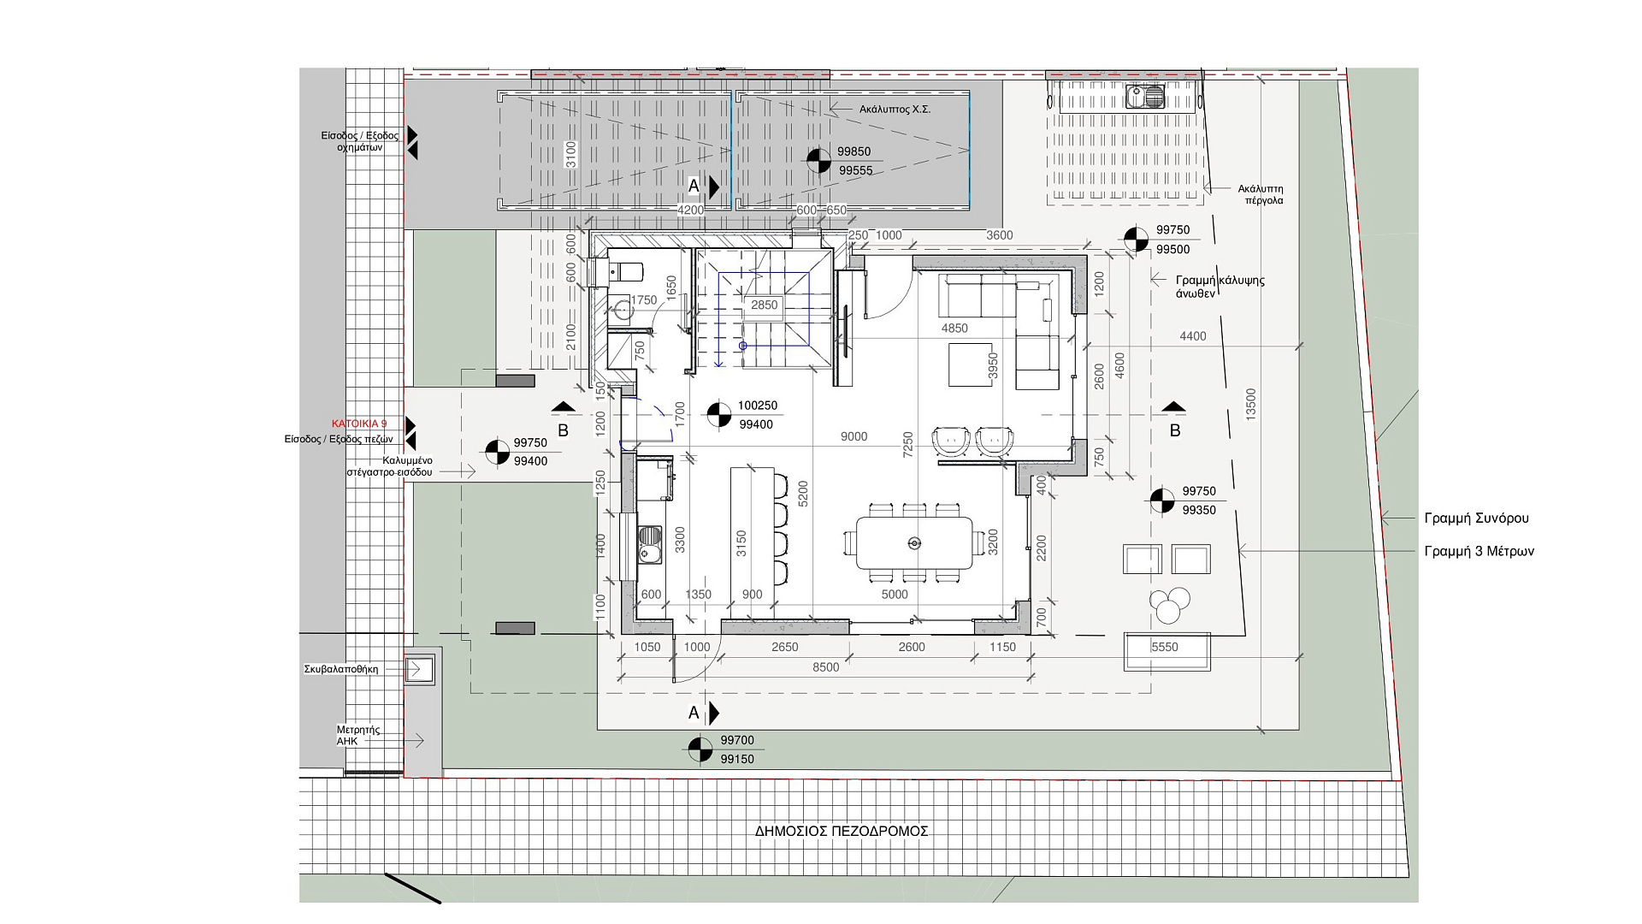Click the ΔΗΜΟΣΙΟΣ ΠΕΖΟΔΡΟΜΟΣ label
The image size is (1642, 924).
click(x=842, y=831)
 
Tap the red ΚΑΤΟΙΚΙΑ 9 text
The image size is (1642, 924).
click(x=359, y=424)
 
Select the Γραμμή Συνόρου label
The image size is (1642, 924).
click(x=1476, y=518)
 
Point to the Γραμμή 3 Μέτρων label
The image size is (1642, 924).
click(x=1480, y=552)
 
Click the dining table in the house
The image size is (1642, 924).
click(x=915, y=542)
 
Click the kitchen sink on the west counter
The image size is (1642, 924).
click(x=649, y=545)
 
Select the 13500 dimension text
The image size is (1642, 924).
click(x=1251, y=406)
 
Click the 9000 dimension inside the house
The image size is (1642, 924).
click(x=853, y=437)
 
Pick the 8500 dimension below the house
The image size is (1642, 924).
click(x=826, y=667)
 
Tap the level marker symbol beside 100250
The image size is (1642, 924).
click(x=719, y=415)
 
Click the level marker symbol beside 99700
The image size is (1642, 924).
click(x=700, y=749)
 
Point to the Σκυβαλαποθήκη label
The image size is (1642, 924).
click(x=340, y=669)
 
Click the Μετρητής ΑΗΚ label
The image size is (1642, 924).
click(x=357, y=736)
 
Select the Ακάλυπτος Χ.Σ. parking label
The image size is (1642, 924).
click(x=895, y=110)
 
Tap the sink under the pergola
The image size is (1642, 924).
click(x=1145, y=97)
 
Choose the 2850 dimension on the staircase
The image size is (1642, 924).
click(x=764, y=305)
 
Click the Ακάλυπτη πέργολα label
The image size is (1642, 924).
click(x=1261, y=195)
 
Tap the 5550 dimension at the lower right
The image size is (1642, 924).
click(x=1165, y=648)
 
